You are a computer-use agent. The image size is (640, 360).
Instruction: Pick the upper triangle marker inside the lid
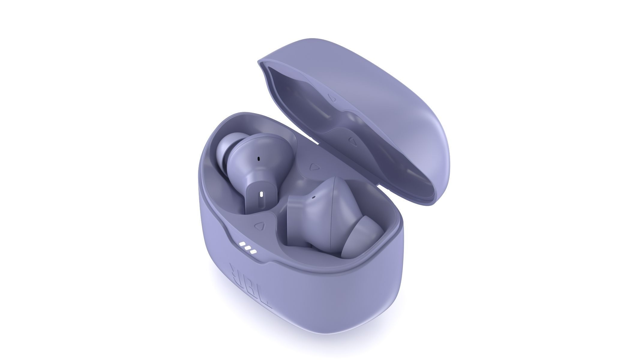(x=331, y=98)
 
